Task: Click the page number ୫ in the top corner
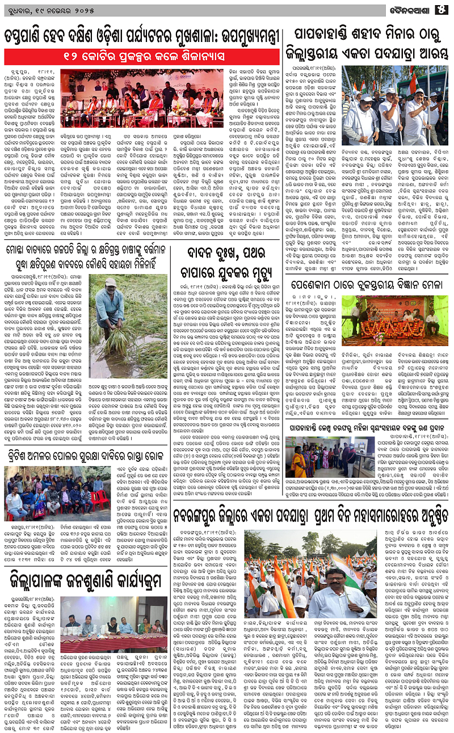coord(443,8)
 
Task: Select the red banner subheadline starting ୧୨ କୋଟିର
coord(143,57)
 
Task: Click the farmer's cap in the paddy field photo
coord(110,282)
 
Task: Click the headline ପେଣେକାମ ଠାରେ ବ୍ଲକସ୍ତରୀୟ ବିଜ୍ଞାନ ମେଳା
coord(367,282)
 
